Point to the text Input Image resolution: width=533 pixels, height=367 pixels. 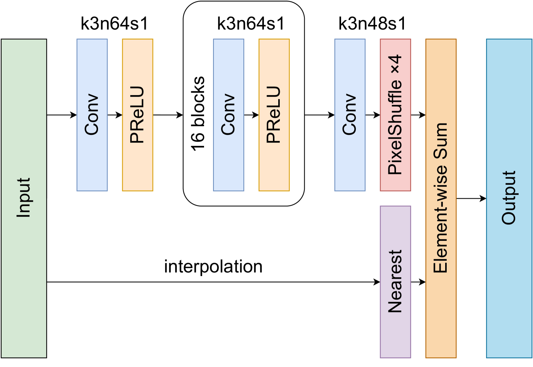[23, 198]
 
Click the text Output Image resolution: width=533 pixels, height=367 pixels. [509, 198]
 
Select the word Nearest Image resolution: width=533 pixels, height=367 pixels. [395, 281]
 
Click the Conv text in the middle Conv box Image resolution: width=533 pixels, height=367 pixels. [228, 114]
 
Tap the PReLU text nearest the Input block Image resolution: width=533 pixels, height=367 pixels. [137, 114]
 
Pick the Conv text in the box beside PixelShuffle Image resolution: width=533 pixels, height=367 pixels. [350, 114]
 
